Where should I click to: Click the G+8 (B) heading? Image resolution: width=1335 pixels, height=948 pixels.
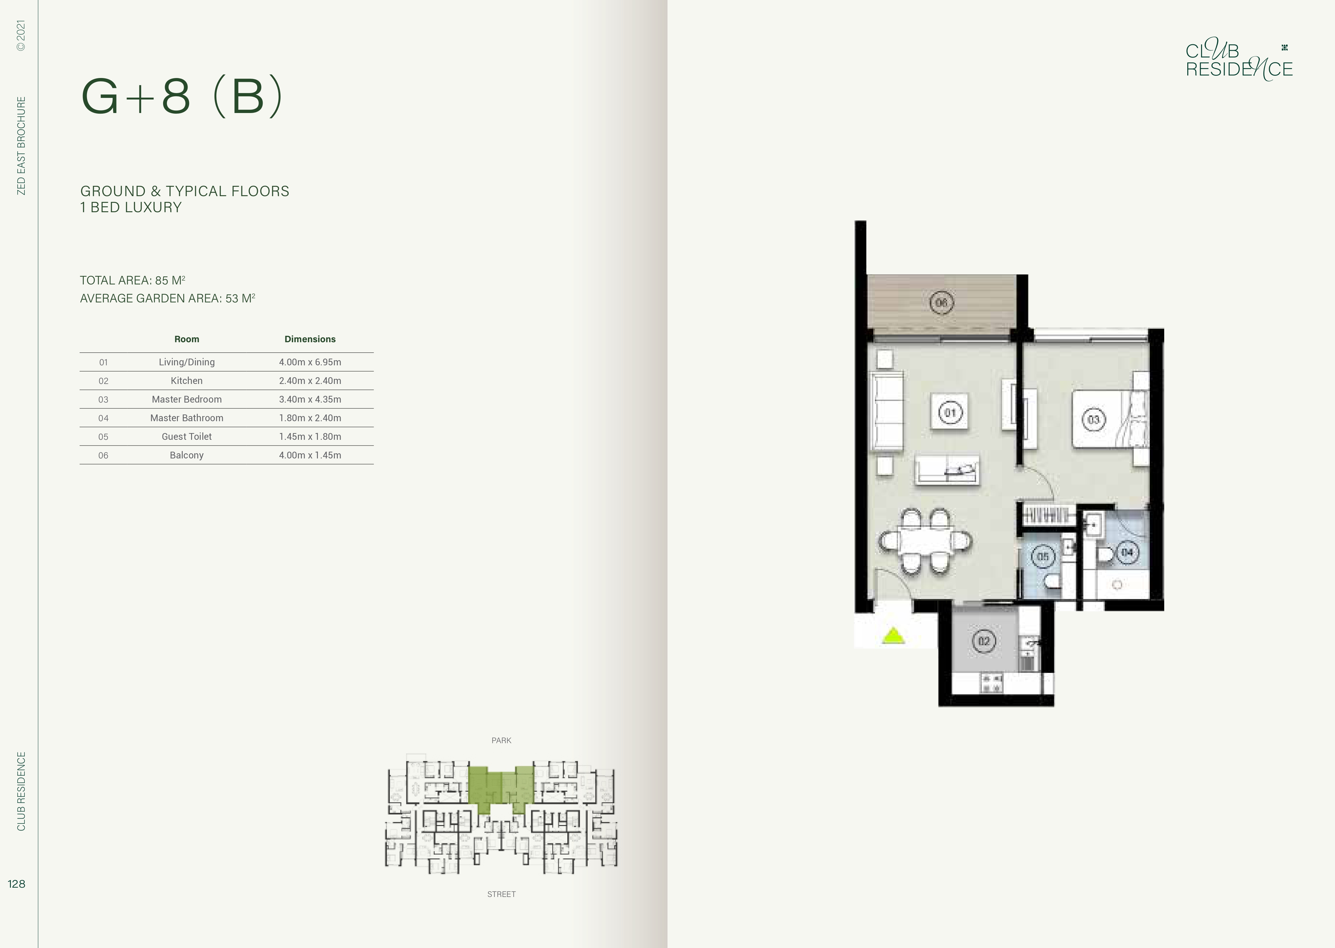(181, 96)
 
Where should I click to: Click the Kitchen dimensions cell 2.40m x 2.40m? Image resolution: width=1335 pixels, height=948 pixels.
(310, 381)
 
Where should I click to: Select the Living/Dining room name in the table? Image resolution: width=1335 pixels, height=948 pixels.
(187, 362)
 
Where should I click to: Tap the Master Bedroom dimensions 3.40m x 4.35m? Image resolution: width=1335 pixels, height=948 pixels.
(310, 399)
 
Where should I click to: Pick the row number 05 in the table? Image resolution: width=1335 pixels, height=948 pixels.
(103, 437)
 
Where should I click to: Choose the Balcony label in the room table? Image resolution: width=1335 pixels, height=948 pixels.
(187, 455)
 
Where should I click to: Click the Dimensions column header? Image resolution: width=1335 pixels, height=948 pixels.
(310, 339)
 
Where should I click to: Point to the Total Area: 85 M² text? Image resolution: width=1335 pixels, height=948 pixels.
(133, 280)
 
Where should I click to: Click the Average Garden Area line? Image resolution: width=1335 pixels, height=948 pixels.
(168, 298)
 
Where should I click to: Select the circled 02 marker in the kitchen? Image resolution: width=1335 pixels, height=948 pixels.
(984, 641)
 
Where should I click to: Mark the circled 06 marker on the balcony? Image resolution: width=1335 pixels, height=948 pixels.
(942, 302)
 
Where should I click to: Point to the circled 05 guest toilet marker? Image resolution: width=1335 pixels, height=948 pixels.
(1043, 556)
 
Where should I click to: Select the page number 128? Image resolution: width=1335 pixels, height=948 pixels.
(16, 884)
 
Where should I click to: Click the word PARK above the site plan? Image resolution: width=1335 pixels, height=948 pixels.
(502, 740)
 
